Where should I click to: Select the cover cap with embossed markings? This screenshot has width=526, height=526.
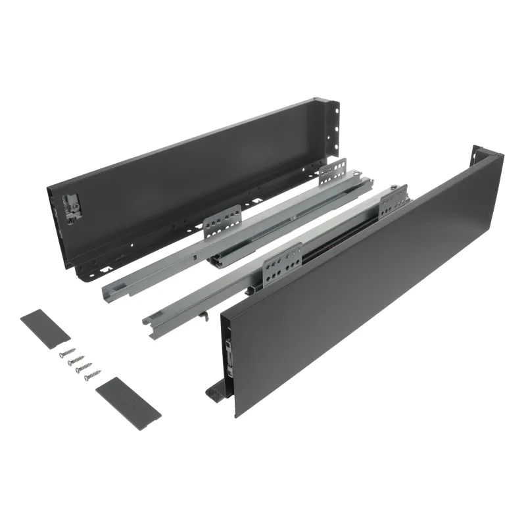coord(128,400)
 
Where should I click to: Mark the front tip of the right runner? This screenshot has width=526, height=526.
coord(150,319)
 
